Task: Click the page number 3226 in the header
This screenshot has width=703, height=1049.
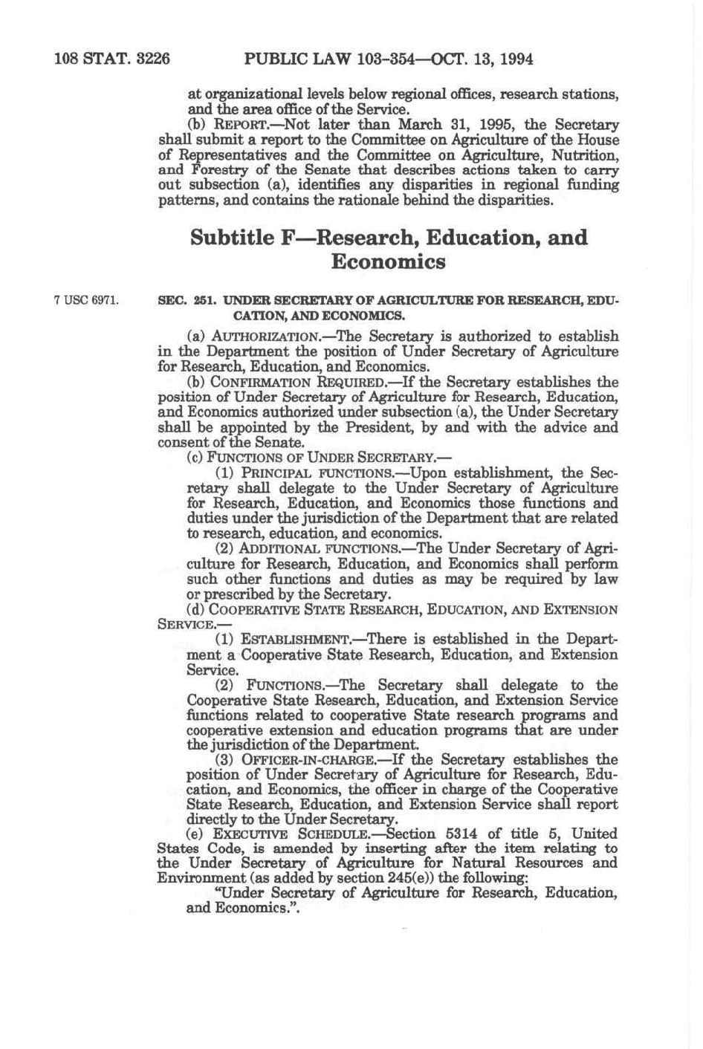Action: pos(153,59)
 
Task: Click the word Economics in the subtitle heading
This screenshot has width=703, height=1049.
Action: pos(388,262)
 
